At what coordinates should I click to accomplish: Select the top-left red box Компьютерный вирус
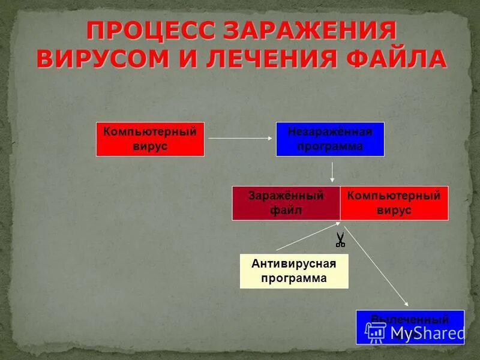pos(150,139)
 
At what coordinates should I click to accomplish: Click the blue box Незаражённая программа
pos(330,139)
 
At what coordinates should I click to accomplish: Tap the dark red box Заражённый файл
pos(286,203)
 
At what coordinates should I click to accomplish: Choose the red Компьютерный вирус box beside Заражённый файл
pos(394,203)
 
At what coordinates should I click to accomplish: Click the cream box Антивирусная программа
pos(294,271)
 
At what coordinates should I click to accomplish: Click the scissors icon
pos(340,239)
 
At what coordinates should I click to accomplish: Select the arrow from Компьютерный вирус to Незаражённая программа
pos(240,139)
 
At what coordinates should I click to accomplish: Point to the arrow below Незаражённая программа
pos(332,172)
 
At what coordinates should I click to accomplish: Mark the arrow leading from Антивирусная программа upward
pos(306,238)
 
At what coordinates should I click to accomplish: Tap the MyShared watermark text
pos(427,334)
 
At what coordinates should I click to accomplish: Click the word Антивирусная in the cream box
pos(294,264)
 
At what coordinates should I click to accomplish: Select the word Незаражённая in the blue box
pos(330,132)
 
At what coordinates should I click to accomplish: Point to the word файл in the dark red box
pos(286,211)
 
